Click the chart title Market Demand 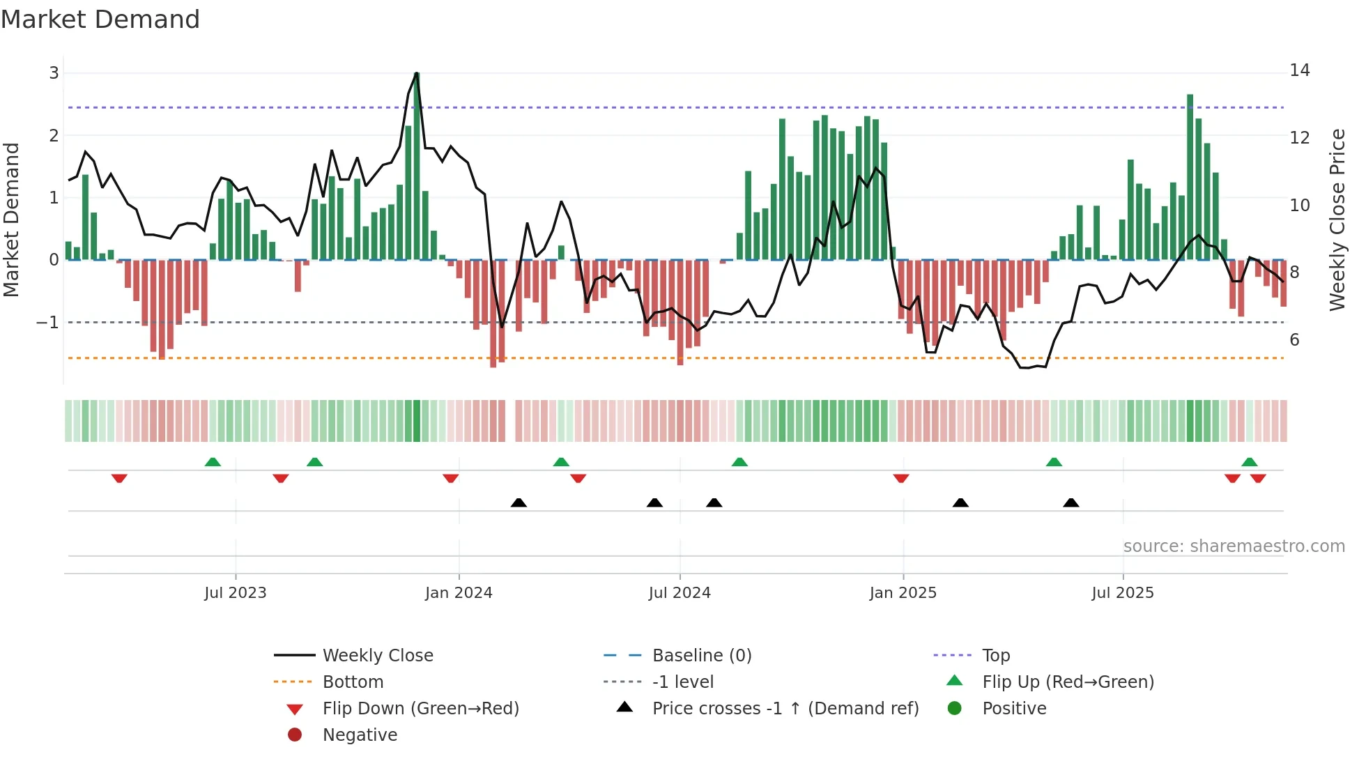click(x=100, y=20)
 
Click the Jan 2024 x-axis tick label click(x=459, y=593)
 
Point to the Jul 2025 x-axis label click(x=1123, y=593)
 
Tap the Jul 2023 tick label click(x=236, y=593)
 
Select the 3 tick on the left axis click(x=54, y=73)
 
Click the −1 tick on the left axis click(x=48, y=323)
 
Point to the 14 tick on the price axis click(x=1299, y=70)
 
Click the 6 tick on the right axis click(x=1294, y=340)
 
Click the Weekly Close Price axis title click(x=1337, y=220)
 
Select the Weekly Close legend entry click(x=378, y=656)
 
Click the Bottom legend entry click(x=353, y=682)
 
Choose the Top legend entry click(x=996, y=656)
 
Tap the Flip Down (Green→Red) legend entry click(x=420, y=709)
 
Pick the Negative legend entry click(x=360, y=735)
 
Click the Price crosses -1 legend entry click(x=785, y=709)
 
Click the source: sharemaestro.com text click(x=1234, y=546)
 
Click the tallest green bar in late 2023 click(x=417, y=167)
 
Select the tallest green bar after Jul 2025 click(x=1190, y=178)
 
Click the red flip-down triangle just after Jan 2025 click(x=901, y=478)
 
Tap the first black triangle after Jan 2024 click(x=519, y=502)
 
